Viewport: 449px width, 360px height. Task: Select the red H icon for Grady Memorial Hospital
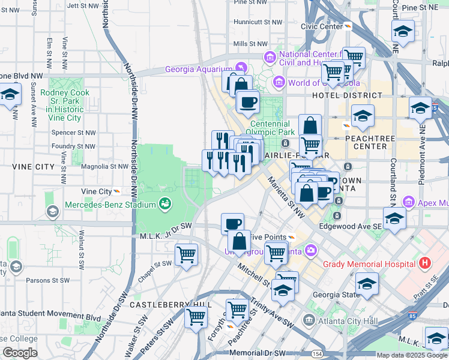[x=425, y=263]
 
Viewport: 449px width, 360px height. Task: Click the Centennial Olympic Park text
[x=279, y=128]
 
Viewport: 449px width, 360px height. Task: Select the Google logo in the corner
[x=20, y=353]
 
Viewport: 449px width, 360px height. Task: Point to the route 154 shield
[x=316, y=355]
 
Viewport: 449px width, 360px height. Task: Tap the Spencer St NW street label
[x=74, y=132]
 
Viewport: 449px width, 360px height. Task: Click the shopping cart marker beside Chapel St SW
[x=186, y=254]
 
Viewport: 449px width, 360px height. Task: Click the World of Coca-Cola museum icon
[x=279, y=82]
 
